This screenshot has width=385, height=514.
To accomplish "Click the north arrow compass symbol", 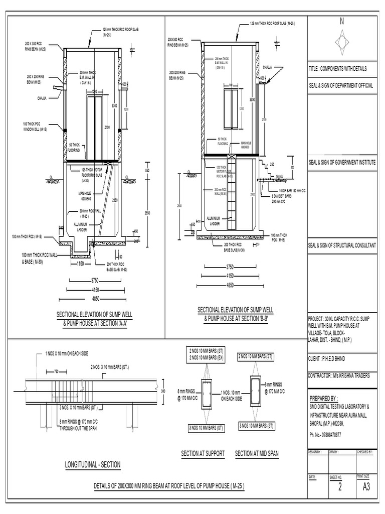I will (342, 39).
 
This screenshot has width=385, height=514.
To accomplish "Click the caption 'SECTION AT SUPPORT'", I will (203, 454).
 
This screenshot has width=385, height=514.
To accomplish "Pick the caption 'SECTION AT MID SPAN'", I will (257, 454).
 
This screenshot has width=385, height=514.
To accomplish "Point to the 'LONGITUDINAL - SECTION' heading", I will (93, 465).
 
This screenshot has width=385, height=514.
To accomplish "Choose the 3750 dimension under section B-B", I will (231, 267).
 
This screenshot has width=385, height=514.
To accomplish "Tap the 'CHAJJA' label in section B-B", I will (267, 67).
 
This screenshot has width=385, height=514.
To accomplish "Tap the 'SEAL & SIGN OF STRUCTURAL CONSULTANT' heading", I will (341, 245).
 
